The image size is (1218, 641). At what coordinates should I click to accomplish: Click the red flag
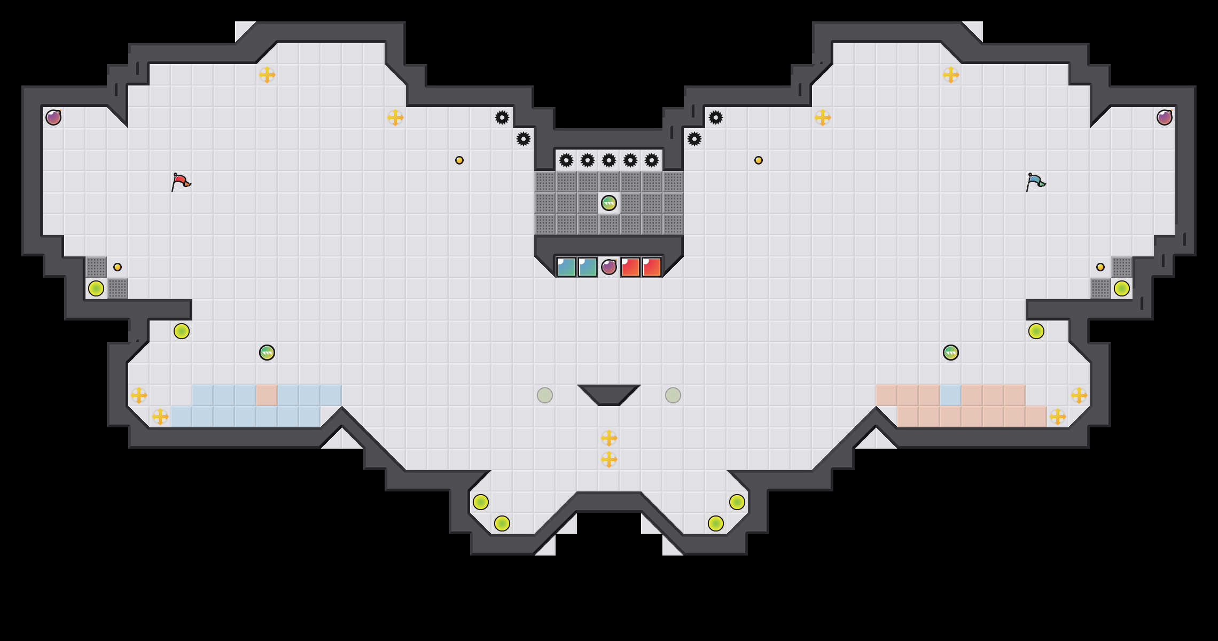point(181,182)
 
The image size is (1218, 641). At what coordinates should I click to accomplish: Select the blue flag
point(1035,182)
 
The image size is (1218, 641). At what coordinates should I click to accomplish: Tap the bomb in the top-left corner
point(53,118)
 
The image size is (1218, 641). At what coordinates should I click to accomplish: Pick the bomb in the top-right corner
point(1165,118)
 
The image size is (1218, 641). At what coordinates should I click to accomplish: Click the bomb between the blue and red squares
point(609,267)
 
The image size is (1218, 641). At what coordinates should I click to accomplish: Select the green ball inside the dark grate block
point(609,203)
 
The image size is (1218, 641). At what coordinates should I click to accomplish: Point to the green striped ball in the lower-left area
point(267,353)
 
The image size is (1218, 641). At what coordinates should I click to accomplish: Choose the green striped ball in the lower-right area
point(951,353)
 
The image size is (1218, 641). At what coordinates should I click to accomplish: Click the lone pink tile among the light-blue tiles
point(267,395)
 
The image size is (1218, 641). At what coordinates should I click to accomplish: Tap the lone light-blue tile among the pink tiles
point(951,395)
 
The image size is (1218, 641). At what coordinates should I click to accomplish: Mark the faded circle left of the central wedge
point(545,395)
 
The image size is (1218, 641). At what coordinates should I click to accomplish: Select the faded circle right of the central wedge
point(673,395)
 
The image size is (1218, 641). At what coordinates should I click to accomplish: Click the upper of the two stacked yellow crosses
point(609,438)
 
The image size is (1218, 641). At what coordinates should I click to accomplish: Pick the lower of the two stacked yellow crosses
point(609,459)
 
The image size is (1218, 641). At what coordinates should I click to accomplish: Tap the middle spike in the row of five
point(609,160)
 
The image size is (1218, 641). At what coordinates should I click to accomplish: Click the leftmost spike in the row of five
point(566,160)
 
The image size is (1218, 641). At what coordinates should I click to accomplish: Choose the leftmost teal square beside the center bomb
point(566,267)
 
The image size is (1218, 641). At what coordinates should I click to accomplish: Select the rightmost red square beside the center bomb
point(652,267)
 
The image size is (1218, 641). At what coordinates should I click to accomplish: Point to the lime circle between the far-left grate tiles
point(96,288)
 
